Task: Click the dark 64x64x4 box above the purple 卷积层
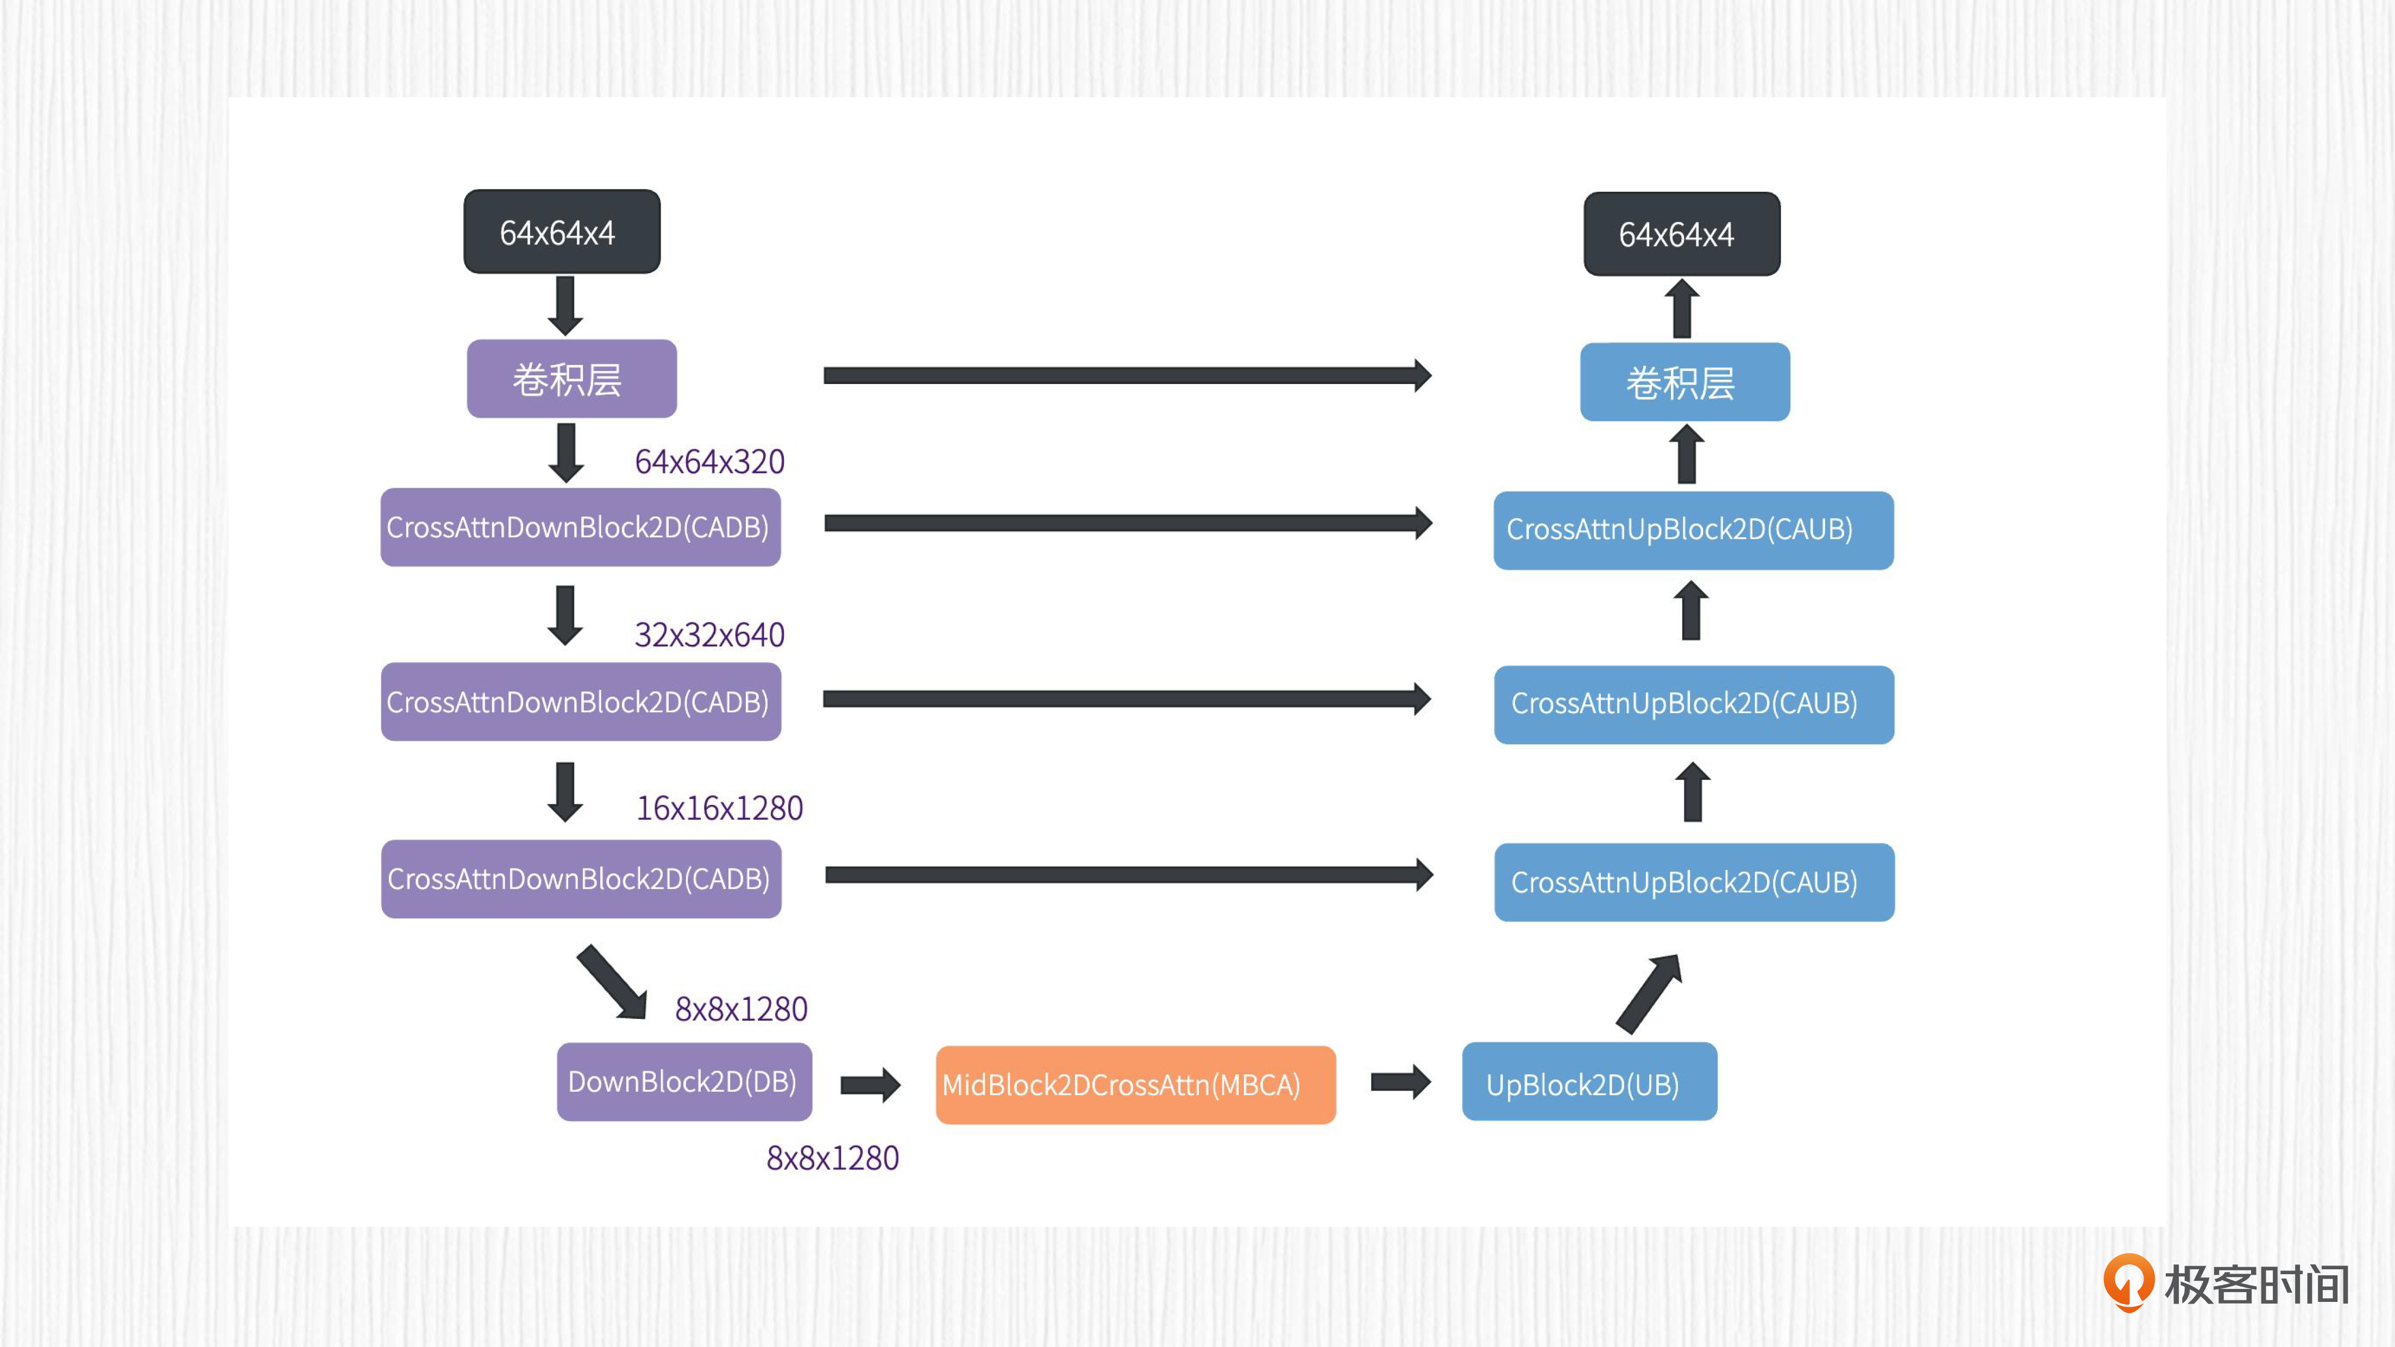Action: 562,231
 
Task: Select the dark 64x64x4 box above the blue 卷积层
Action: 1681,234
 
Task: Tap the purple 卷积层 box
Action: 571,379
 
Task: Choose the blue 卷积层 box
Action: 1684,382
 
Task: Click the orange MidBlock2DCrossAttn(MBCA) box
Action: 1135,1085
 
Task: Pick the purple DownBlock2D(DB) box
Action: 683,1081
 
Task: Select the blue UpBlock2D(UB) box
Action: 1589,1082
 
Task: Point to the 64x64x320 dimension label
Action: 709,461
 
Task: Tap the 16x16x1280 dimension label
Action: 719,808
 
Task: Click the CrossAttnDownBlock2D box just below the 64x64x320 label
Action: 580,527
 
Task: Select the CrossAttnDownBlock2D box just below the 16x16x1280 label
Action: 580,878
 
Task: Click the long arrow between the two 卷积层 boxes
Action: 1127,375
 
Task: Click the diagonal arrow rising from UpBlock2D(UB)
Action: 1649,993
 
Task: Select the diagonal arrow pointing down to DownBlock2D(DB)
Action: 612,981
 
